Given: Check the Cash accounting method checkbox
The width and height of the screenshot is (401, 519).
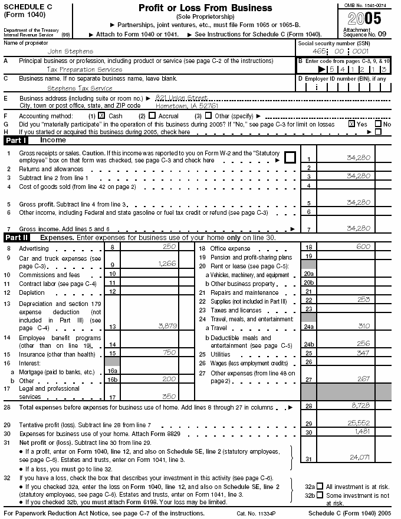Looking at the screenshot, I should coord(101,116).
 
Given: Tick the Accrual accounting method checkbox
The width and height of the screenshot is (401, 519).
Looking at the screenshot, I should coord(152,116).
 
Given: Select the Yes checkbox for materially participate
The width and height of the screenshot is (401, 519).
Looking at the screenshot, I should coord(352,124).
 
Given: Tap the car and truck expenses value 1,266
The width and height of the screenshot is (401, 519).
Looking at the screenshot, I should coord(167,264).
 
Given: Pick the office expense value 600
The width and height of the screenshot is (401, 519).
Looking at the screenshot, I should coord(364,248).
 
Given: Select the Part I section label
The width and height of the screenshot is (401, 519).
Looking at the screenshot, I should coord(17,141).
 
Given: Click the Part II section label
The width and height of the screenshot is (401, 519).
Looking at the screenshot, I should coord(17,238).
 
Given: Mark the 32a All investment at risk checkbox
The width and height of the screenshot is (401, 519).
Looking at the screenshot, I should coord(320,487).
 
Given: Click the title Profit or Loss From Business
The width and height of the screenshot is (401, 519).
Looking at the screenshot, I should coord(205,8).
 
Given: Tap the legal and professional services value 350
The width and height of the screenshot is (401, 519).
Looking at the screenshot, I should coord(169,397).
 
